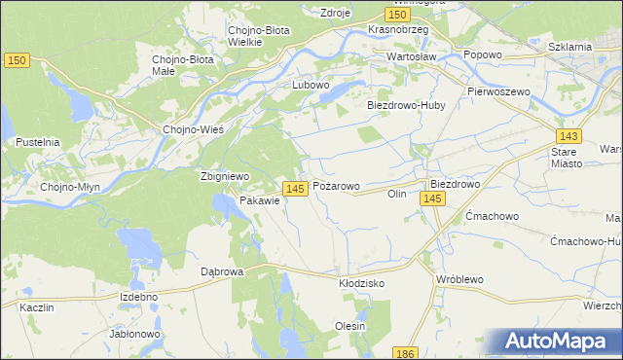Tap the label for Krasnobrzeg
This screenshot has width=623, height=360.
[399, 30]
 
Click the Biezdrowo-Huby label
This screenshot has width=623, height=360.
[404, 105]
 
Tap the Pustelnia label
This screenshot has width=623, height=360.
[37, 142]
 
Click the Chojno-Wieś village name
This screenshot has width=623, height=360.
[194, 129]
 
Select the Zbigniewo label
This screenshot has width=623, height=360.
[225, 176]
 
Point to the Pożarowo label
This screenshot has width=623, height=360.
[336, 185]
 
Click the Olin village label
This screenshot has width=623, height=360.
[396, 194]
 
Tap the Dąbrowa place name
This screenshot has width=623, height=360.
[221, 272]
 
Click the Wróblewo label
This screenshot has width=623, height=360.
[460, 279]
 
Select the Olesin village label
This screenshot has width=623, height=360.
[349, 326]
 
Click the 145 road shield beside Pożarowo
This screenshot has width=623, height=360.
[297, 187]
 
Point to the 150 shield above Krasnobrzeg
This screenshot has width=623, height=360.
[395, 15]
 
